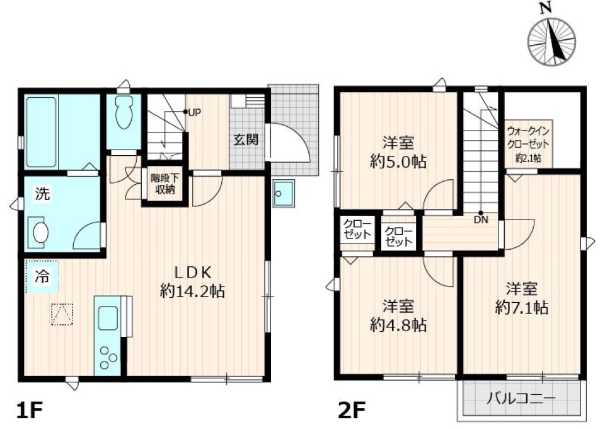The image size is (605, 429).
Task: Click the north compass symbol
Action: coord(551,41)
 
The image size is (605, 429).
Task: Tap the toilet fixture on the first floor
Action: coord(124,112)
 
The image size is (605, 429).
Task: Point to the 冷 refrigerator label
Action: coord(42,276)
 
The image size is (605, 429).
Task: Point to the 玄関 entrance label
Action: coord(246,140)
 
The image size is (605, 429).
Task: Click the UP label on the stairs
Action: coord(193,113)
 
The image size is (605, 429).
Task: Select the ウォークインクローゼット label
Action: coord(528,144)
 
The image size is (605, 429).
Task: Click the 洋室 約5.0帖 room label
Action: coord(397,152)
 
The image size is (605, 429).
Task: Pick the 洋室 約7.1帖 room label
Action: coord(521,298)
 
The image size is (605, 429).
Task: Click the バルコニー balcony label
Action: coord(521,399)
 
